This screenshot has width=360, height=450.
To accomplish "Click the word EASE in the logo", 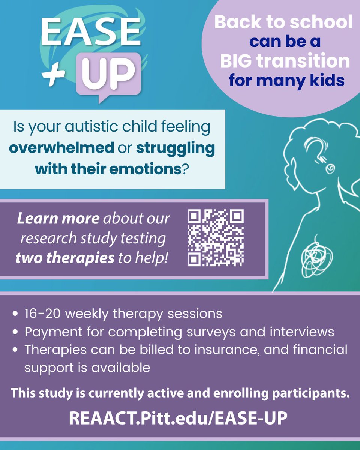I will [x=90, y=33].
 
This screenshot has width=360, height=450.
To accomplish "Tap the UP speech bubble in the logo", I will [x=109, y=73].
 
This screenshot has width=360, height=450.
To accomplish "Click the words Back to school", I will [x=283, y=22].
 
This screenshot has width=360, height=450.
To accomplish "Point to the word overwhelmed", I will [x=61, y=148].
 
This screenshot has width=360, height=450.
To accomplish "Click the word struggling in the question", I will [x=175, y=148].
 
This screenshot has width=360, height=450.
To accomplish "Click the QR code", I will [x=216, y=238].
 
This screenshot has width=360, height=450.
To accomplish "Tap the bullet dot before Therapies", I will [x=15, y=350].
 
